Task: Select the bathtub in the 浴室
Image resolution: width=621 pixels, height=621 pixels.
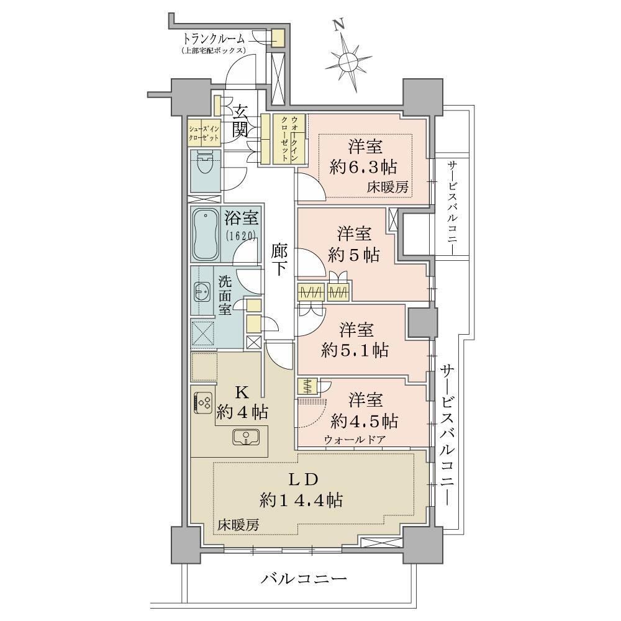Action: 206,235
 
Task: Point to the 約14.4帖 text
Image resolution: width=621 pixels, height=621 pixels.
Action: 301,501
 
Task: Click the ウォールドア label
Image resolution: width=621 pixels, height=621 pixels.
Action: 355,439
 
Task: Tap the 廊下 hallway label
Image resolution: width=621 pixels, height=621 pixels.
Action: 279,260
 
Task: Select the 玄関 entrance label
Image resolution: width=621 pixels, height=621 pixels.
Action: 240,122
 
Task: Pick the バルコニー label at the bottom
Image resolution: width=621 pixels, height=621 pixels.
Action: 304,579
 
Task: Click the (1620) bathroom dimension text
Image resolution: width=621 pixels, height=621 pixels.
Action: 241,236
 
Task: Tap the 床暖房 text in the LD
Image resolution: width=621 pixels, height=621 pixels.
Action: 238,525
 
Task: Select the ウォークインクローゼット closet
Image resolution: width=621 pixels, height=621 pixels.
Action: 289,138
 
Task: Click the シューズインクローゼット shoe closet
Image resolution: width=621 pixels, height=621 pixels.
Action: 204,132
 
